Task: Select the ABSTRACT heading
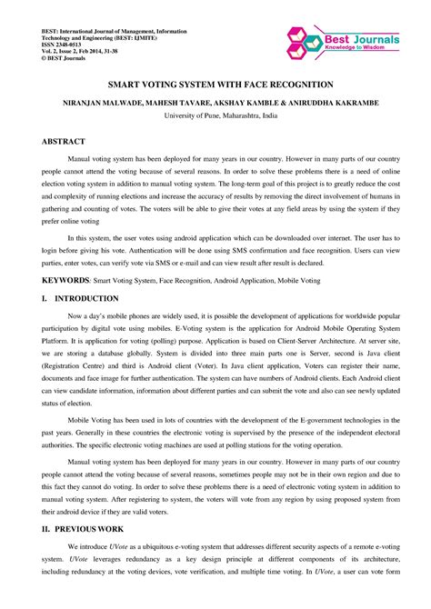[63, 142]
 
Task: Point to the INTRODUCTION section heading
[85, 298]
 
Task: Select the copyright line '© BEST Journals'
[60, 61]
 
